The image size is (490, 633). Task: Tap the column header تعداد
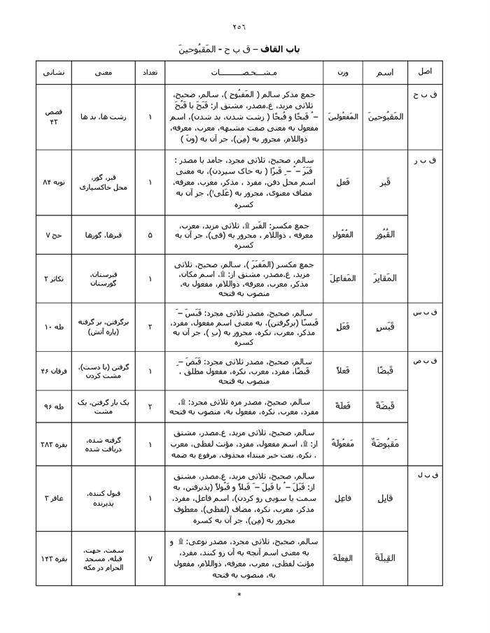click(150, 72)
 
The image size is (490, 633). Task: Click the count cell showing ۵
click(150, 236)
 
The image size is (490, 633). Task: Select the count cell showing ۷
click(150, 557)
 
